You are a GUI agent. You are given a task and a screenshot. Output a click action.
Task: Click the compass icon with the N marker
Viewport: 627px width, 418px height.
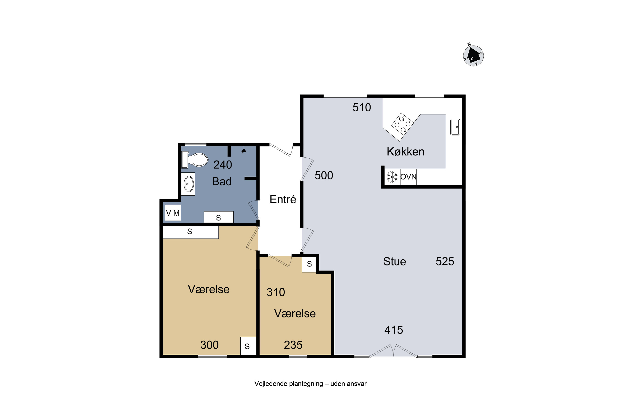tap(473, 55)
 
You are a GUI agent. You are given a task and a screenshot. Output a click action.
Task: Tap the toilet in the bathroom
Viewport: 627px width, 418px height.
tap(195, 160)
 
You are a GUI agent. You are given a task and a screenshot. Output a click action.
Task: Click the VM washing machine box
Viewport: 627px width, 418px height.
tap(173, 213)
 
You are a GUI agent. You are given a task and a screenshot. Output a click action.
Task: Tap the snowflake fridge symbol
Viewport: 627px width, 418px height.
tap(392, 177)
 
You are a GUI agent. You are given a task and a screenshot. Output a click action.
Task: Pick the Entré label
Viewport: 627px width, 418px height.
tap(283, 199)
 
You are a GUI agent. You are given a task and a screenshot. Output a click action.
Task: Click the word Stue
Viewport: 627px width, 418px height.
tap(395, 261)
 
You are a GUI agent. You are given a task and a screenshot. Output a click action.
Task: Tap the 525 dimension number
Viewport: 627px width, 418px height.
tap(445, 261)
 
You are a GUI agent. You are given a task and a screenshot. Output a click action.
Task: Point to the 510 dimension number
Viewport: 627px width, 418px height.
tap(362, 107)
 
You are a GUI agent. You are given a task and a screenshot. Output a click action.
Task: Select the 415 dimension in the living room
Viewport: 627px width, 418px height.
tap(394, 330)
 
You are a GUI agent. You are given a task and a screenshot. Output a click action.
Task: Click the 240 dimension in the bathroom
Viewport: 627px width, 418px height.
tap(223, 165)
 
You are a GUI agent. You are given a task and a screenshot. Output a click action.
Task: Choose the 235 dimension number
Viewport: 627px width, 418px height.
tap(293, 345)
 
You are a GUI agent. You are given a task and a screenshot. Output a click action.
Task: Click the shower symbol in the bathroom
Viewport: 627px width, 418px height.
tap(244, 151)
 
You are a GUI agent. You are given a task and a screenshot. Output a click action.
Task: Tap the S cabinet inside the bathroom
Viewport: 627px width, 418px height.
tap(219, 217)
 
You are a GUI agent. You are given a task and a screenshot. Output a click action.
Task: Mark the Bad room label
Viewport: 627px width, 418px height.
tap(222, 182)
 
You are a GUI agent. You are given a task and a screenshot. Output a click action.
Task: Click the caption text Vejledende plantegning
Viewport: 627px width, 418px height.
tap(289, 384)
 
